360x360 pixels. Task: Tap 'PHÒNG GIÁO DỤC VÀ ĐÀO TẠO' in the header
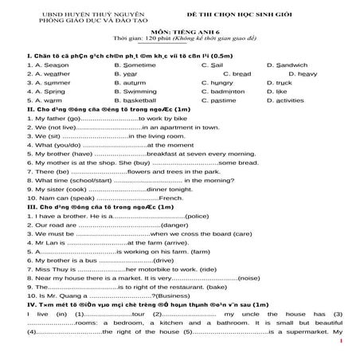click(x=72, y=15)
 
